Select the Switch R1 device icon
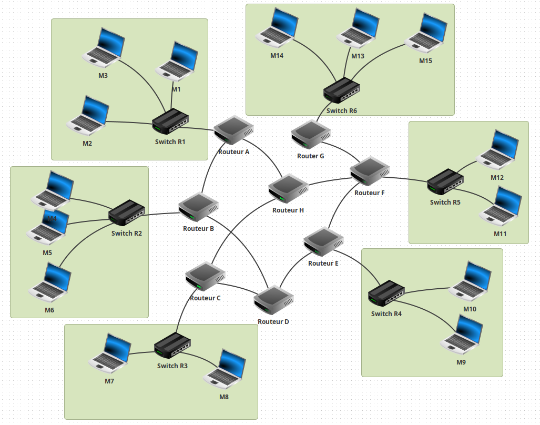[170, 123]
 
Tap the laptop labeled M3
[104, 48]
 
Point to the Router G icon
[310, 134]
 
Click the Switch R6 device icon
[341, 90]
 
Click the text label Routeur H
[288, 210]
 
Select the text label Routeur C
[205, 298]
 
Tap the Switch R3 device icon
[172, 346]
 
